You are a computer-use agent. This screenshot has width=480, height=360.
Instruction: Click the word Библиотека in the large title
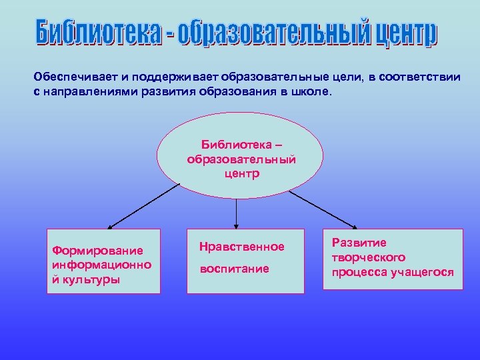(98, 33)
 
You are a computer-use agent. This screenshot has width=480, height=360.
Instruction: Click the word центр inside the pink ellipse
(241, 174)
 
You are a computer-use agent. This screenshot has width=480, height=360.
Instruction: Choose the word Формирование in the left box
(97, 251)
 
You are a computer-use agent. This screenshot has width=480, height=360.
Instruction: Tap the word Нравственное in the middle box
(242, 247)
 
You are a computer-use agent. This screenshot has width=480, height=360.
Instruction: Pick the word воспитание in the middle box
(234, 269)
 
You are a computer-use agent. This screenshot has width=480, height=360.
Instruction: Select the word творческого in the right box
(369, 257)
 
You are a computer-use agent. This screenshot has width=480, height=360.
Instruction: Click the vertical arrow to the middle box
(237, 213)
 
